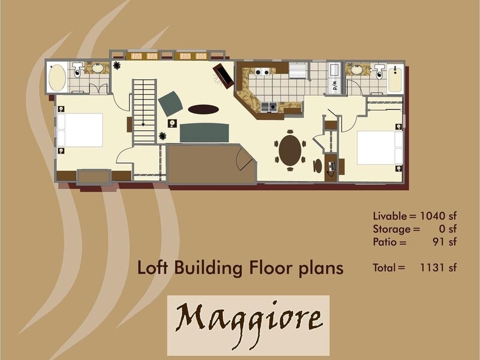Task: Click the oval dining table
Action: [x=290, y=151]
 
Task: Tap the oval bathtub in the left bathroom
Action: [x=57, y=77]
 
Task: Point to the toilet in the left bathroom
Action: [x=77, y=70]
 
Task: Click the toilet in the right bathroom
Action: [x=380, y=71]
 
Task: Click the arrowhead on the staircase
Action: [x=143, y=124]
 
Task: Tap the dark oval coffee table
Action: [x=203, y=109]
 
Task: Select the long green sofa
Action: [x=204, y=133]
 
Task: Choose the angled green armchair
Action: [x=170, y=103]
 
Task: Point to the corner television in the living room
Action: [x=223, y=76]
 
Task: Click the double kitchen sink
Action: [x=269, y=107]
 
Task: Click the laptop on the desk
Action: [x=332, y=166]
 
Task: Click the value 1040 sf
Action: [x=438, y=216]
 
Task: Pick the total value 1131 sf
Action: [x=438, y=268]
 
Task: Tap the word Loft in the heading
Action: [x=153, y=268]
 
